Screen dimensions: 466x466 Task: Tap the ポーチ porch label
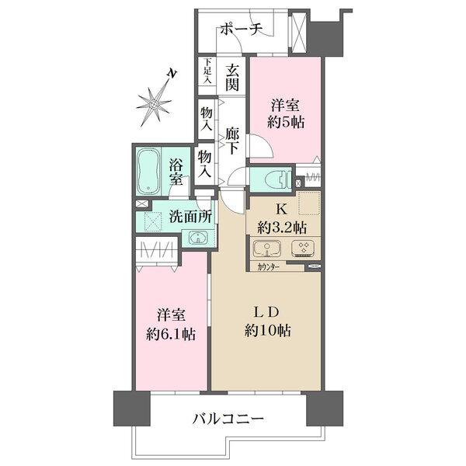tap(242, 30)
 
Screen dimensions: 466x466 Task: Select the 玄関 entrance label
tap(232, 78)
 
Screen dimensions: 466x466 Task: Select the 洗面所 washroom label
tap(190, 217)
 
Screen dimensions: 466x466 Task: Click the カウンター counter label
tap(269, 268)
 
